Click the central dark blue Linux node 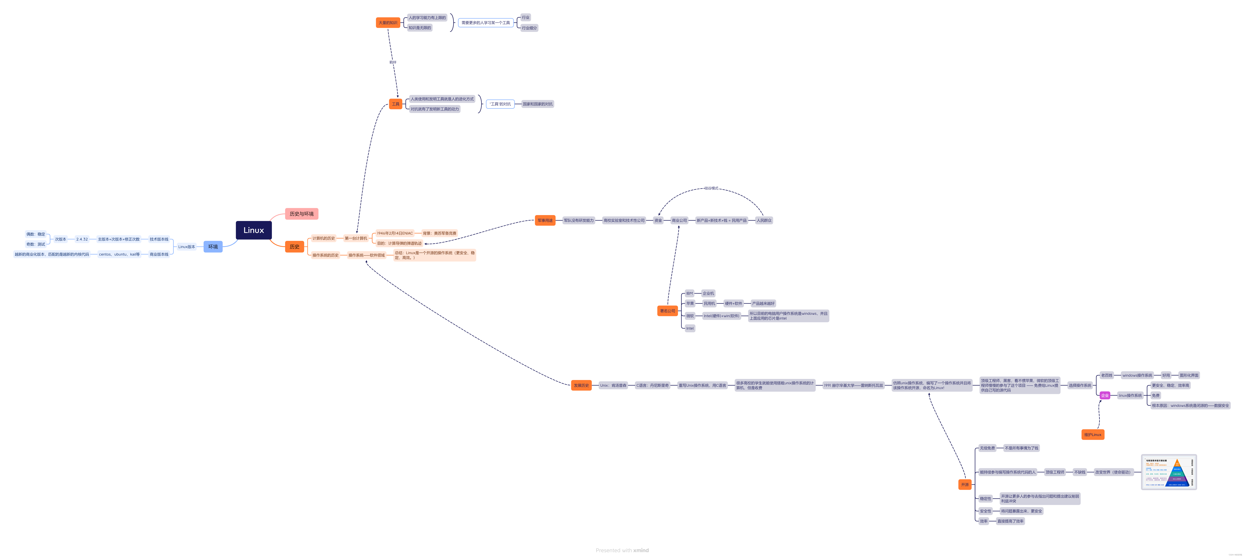pyautogui.click(x=254, y=230)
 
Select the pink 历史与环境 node pyautogui.click(x=301, y=213)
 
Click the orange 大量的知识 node pyautogui.click(x=388, y=23)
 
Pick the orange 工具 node pyautogui.click(x=396, y=104)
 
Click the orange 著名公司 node pyautogui.click(x=667, y=311)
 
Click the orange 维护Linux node pyautogui.click(x=1092, y=434)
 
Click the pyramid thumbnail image pyautogui.click(x=1169, y=472)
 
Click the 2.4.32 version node pyautogui.click(x=82, y=239)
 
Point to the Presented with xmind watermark pyautogui.click(x=622, y=550)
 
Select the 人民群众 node pyautogui.click(x=764, y=220)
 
